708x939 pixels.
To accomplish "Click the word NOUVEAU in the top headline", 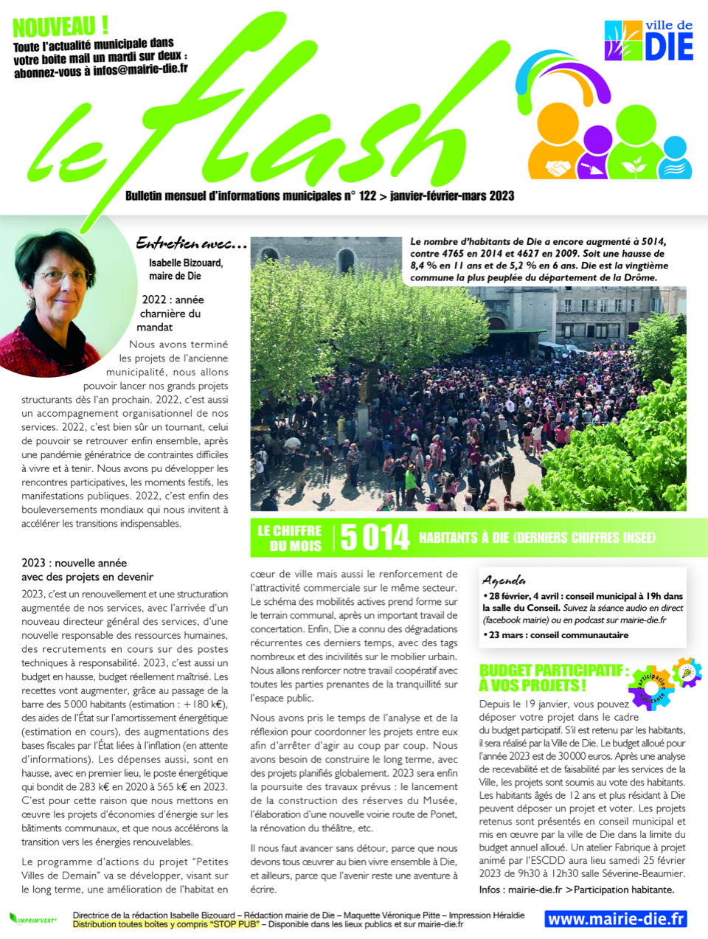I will click(x=55, y=27).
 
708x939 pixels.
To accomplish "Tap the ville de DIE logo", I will click(x=648, y=41).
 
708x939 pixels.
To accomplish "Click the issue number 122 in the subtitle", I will click(x=367, y=196).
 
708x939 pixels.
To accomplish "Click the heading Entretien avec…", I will click(x=191, y=243).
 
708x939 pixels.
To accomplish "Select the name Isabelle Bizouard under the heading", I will click(x=186, y=263).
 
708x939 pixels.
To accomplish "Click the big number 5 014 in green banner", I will click(x=375, y=538).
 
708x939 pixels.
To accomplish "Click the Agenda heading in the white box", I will click(x=504, y=580).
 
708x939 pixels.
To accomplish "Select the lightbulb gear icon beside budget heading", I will click(x=687, y=673).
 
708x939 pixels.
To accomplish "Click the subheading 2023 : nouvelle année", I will click(x=74, y=563).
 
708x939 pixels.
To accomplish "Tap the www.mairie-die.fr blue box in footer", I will click(x=616, y=919).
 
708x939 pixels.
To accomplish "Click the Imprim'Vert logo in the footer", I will click(x=32, y=919).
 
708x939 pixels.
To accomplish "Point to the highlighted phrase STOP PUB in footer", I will click(x=233, y=924).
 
